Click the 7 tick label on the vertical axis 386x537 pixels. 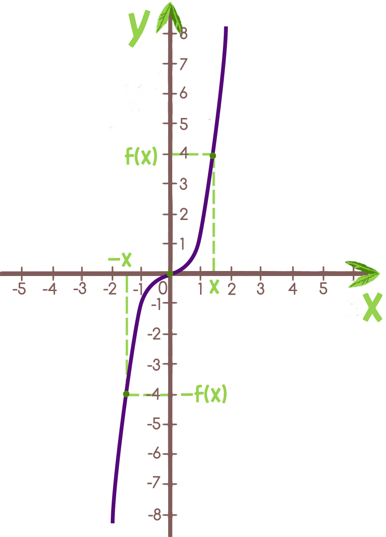183,65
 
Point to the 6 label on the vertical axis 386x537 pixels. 183,94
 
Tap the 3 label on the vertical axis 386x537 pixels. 183,184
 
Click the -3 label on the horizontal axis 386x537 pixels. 81,289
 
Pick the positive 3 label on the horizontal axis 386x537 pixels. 261,289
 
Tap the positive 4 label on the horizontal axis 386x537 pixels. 292,289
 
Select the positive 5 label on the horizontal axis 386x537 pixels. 322,289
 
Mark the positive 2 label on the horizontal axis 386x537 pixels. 232,289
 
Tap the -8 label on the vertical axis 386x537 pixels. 154,515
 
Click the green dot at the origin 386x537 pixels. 170,273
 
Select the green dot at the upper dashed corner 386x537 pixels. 212,156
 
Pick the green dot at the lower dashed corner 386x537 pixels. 127,394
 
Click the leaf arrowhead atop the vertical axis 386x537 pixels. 170,18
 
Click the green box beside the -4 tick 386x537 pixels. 208,394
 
